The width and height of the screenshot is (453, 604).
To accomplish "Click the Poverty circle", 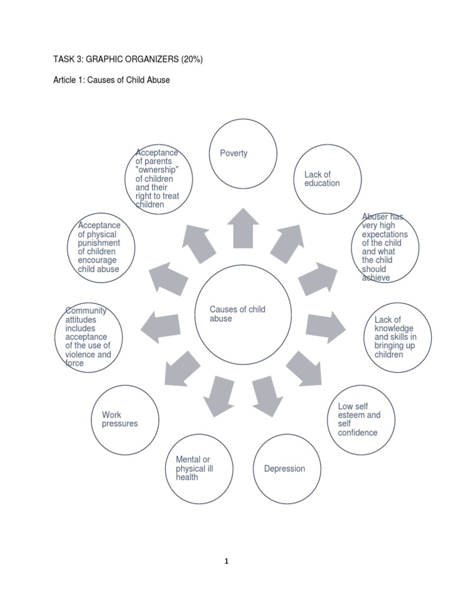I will coord(243,153).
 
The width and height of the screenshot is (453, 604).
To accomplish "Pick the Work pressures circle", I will coord(126,419).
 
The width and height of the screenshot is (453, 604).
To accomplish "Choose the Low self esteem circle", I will coord(361,419).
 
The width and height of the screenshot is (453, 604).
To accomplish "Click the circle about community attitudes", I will coord(88,337).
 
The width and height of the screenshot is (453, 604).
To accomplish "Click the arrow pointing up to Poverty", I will coord(243,228).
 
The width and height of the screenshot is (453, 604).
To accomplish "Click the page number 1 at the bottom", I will coord(226,562).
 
